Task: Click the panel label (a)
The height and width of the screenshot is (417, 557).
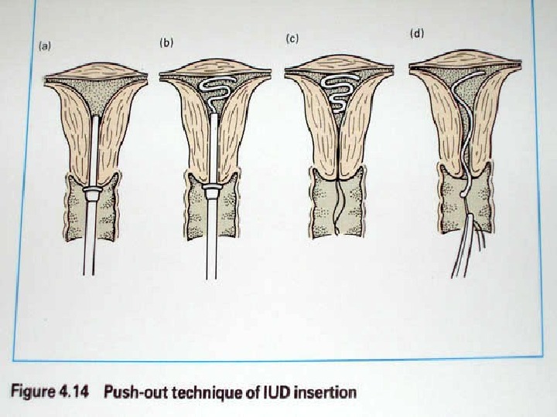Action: [45, 46]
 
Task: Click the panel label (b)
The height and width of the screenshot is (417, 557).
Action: [166, 43]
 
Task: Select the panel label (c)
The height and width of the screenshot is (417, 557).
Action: [292, 39]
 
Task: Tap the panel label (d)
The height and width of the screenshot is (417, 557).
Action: [417, 35]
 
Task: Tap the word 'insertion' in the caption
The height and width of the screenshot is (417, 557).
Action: [329, 392]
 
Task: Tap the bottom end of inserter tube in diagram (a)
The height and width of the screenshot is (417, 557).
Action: [89, 272]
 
